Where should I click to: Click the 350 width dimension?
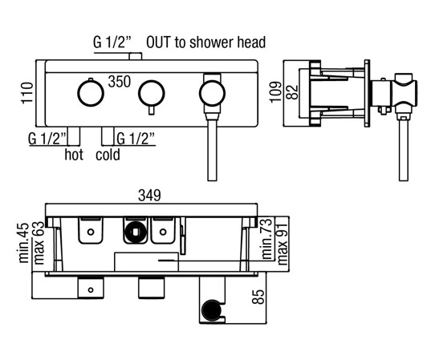(120, 81)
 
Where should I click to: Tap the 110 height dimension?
(27, 93)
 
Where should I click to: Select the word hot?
(74, 155)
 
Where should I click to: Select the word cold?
(108, 155)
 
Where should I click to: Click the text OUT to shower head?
(205, 42)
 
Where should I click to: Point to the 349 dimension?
(149, 195)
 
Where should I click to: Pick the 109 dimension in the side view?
(275, 91)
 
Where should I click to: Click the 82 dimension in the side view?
(292, 92)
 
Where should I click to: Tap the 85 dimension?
(258, 297)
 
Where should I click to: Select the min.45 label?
(24, 243)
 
